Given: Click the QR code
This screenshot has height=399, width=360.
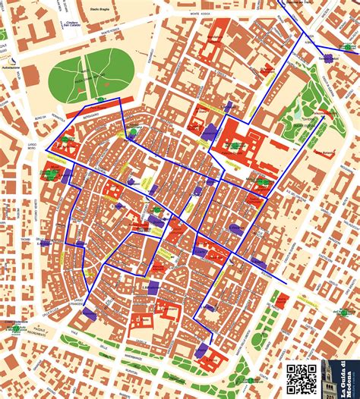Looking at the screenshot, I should click(302, 379).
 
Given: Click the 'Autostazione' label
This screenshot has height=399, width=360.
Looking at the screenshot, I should click(11, 68).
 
